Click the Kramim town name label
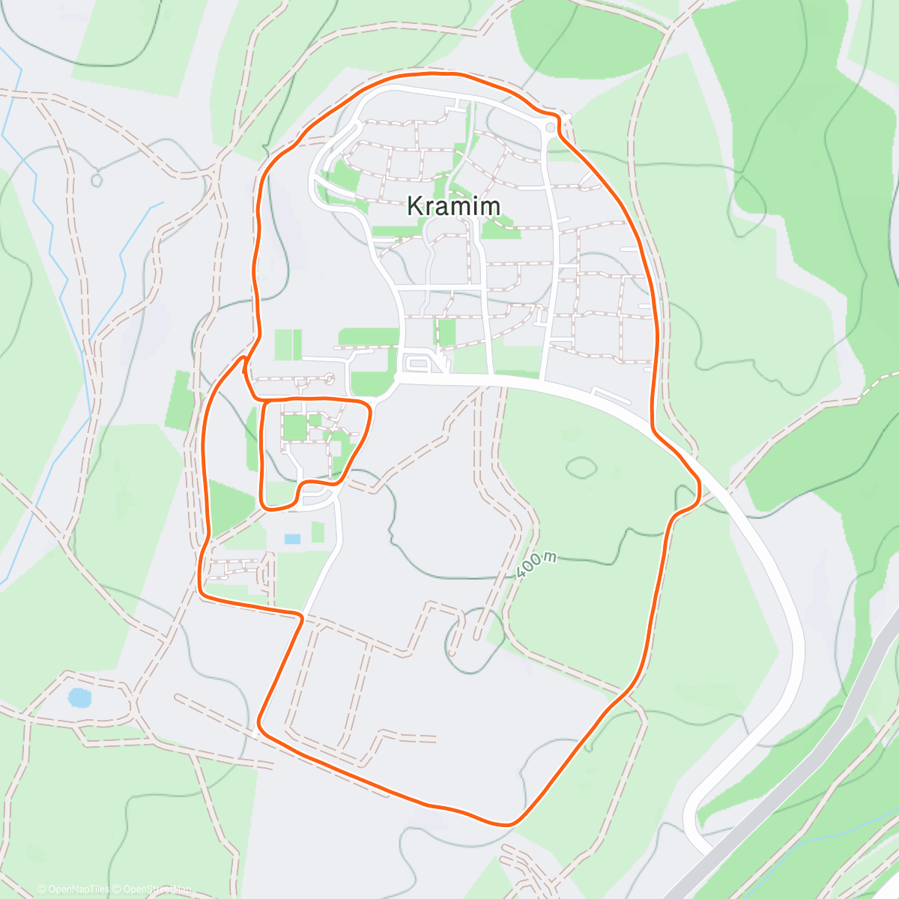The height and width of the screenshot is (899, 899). pos(453,206)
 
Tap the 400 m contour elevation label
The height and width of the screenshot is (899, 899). pos(537,565)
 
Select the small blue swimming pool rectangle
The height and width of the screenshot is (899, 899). pos(292,539)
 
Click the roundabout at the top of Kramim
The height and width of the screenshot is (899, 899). pos(551,127)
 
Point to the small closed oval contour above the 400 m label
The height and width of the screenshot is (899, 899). pos(581,467)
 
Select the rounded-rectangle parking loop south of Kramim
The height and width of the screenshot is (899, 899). pos(417,364)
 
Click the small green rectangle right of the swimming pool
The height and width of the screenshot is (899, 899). pos(318,533)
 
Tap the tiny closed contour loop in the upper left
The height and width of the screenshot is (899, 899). pos(96,180)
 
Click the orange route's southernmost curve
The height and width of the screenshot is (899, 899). pos(509,824)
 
